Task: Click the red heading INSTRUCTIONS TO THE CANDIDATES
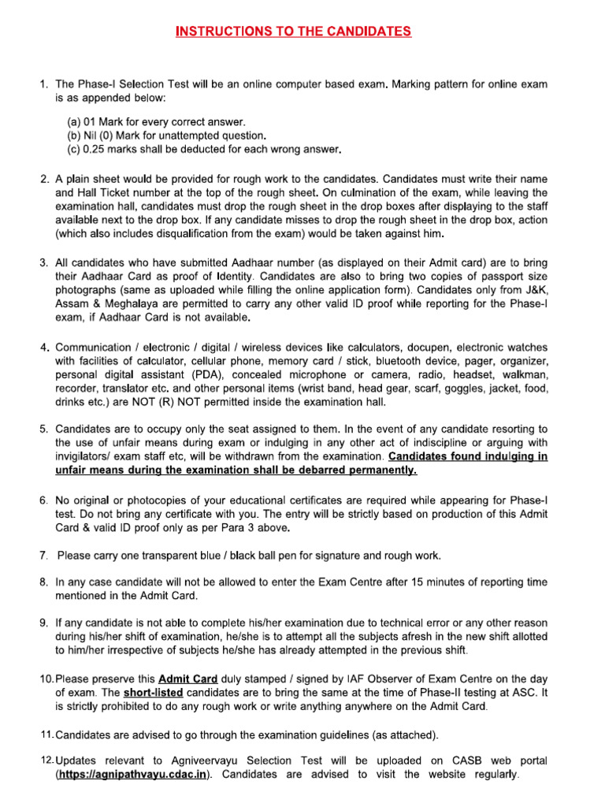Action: click(x=293, y=32)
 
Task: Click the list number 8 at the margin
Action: click(x=44, y=582)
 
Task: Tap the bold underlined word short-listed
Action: click(x=153, y=691)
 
